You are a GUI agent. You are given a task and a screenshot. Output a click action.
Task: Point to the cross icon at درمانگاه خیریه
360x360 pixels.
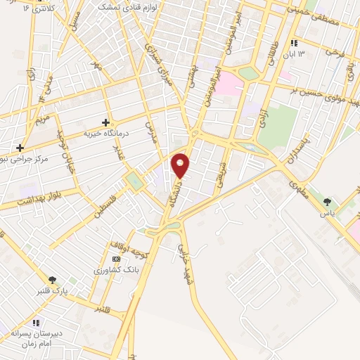point(106,122)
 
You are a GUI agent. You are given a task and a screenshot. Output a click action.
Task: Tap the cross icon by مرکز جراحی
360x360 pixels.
point(20,148)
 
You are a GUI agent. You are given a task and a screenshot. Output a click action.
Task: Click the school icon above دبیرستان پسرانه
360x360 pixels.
point(36,323)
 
